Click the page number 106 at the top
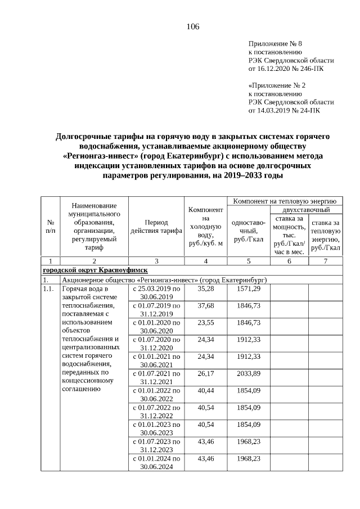[x=193, y=26]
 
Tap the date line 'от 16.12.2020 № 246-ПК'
[x=286, y=69]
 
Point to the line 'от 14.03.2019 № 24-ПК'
[x=285, y=111]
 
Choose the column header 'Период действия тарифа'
[x=156, y=227]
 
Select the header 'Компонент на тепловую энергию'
[x=284, y=200]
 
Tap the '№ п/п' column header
[x=51, y=227]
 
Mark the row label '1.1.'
[x=50, y=289]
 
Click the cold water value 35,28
[x=206, y=289]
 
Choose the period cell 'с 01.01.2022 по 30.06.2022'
[x=156, y=394]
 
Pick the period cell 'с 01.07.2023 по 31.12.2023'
[x=156, y=444]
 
